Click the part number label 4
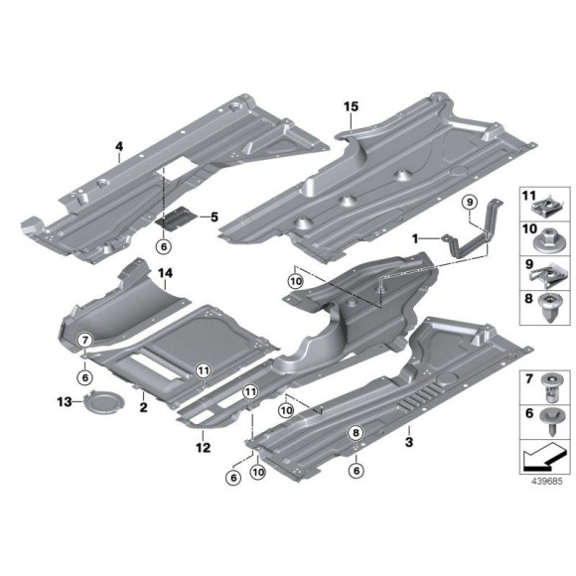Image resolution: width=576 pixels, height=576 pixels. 119,148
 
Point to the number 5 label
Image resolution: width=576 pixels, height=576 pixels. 211,217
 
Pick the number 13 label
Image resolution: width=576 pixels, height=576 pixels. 65,402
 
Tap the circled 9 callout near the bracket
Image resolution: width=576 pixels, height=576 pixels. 468,204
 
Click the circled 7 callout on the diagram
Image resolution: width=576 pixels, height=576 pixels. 85,341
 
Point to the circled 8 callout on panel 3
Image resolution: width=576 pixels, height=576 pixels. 354,433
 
